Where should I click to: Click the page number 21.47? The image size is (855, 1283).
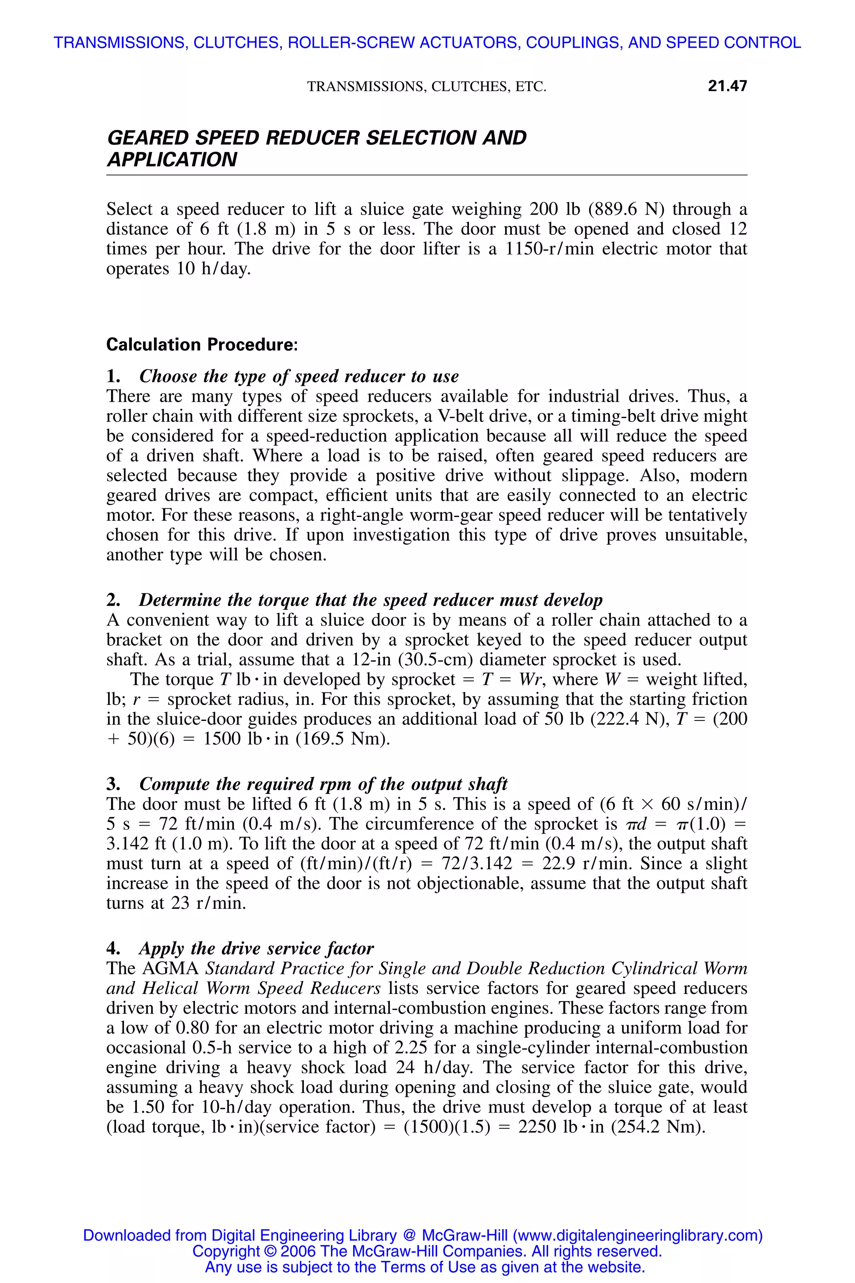[x=727, y=86]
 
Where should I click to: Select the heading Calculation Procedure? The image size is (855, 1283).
[x=202, y=345]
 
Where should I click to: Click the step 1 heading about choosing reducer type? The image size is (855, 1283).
[x=299, y=376]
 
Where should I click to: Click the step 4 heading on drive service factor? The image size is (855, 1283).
[x=256, y=948]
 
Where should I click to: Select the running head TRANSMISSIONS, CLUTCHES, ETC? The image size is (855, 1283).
[x=426, y=86]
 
